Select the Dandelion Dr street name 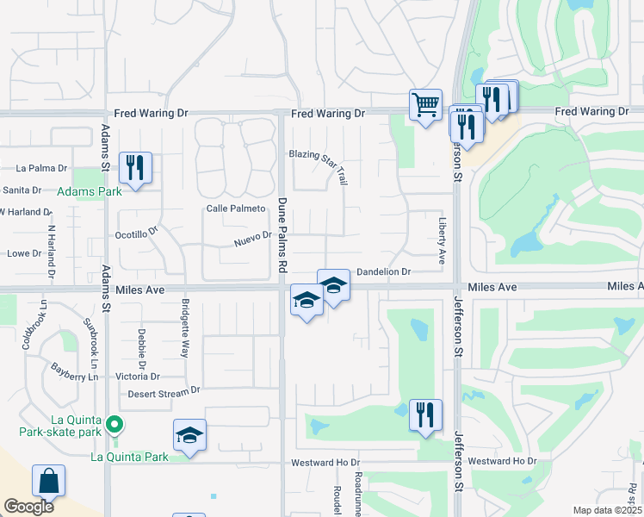[x=383, y=271]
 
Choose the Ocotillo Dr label [x=138, y=233]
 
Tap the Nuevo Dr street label [x=252, y=239]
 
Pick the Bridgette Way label [x=185, y=327]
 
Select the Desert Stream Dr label [x=164, y=391]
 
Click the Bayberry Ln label [x=75, y=373]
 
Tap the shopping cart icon [x=425, y=105]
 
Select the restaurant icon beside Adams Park [x=135, y=166]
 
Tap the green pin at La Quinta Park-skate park [x=113, y=424]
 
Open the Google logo [x=28, y=507]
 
